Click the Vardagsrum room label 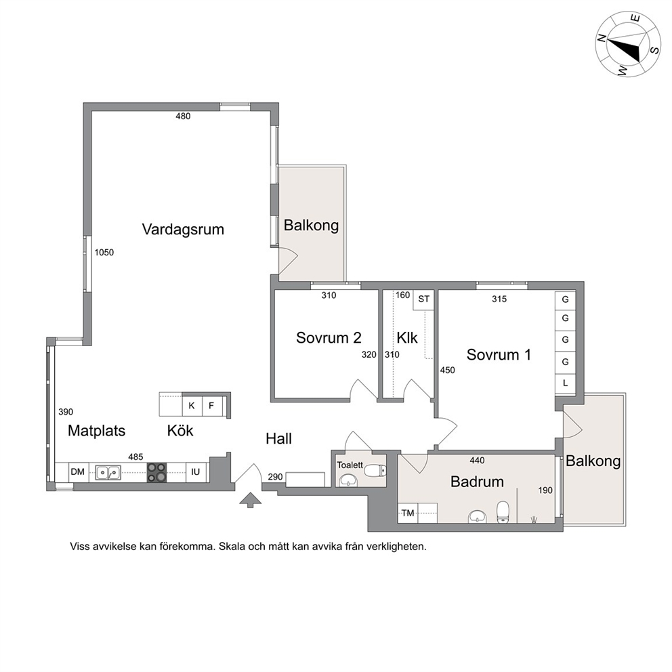183,229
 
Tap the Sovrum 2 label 329,338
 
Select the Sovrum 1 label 499,354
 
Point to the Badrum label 477,481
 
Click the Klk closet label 406,338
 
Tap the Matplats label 96,430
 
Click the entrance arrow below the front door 250,500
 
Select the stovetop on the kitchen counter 156,472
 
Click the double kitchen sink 108,472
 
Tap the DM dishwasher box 78,472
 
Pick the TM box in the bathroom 408,513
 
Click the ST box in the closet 424,299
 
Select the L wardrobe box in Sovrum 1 565,383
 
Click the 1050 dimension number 104,253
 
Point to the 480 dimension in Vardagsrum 183,116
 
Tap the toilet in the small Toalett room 375,471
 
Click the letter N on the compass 602,39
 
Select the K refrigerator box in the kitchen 192,405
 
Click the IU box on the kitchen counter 195,472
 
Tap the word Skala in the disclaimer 232,547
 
